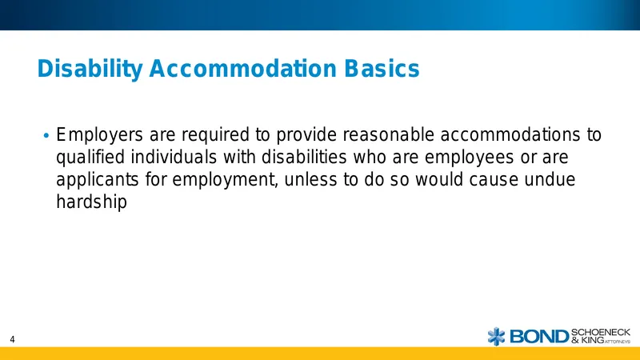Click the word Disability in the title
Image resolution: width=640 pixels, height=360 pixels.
coord(90,69)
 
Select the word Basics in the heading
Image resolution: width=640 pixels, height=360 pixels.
coord(382,68)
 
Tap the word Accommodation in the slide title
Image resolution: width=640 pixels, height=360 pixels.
coord(243,68)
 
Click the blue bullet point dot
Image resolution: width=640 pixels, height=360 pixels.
coord(46,135)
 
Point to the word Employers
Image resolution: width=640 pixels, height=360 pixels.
coord(99,135)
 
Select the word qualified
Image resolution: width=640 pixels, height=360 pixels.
coord(90,158)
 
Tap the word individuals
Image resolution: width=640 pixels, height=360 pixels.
coord(174,157)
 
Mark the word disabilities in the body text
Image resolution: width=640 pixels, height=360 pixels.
coord(304,157)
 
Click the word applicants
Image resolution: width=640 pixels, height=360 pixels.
coord(98,181)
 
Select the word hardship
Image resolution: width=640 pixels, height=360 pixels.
coord(91,203)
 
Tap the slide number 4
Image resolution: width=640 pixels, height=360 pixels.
coord(12,339)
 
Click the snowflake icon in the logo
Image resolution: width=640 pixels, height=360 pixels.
coord(496,336)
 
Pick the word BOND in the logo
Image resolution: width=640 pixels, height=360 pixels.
coord(539,337)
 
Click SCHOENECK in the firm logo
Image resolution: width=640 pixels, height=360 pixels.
coord(601,332)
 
